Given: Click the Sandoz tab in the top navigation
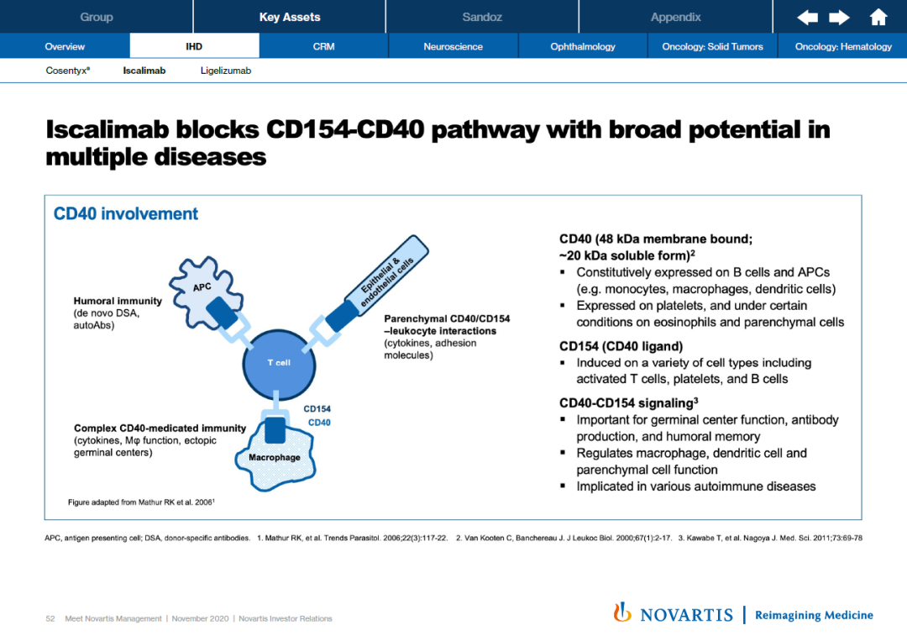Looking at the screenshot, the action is point(482,17).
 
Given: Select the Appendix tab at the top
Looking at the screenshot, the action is point(675,17).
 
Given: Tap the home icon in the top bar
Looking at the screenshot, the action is point(878,17).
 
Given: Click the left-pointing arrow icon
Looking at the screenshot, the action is point(807,17).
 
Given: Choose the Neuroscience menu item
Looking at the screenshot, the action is point(453,46).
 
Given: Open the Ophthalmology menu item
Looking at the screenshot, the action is point(583,46).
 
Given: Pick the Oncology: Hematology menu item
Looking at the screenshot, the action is point(843,46).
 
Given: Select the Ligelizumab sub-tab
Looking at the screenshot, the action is point(225,71).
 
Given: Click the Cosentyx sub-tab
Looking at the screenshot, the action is point(67,71).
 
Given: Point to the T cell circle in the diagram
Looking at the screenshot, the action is point(278,363).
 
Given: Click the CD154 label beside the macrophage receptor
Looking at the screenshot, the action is point(317,409).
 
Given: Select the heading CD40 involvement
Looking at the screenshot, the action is point(126,213).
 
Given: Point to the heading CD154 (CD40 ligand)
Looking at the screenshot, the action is point(621,346).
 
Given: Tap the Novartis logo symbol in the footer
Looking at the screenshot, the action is point(622,613).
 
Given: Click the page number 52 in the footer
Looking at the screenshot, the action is point(50,619).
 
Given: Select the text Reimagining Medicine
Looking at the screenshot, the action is point(814,615).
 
